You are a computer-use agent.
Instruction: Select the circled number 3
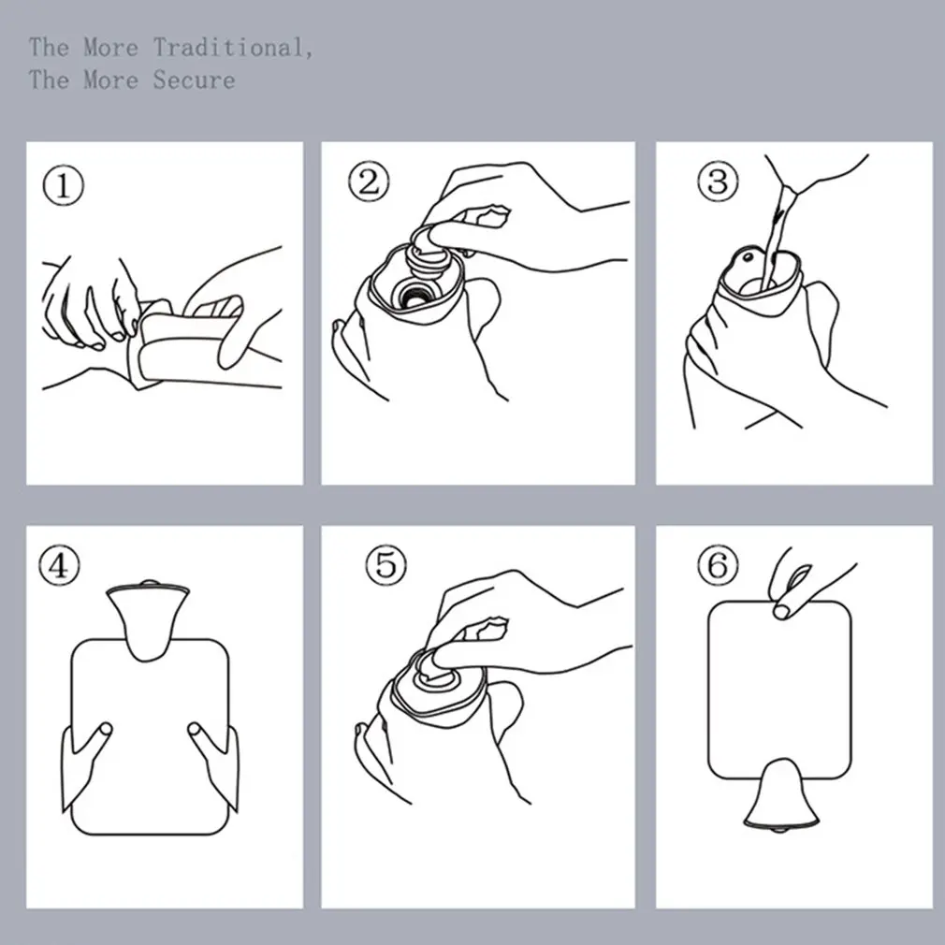(717, 182)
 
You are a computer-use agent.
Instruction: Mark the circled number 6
(718, 564)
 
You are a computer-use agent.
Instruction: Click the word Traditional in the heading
(230, 47)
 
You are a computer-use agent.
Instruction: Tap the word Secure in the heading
(194, 80)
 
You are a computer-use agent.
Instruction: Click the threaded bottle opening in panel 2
(411, 296)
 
